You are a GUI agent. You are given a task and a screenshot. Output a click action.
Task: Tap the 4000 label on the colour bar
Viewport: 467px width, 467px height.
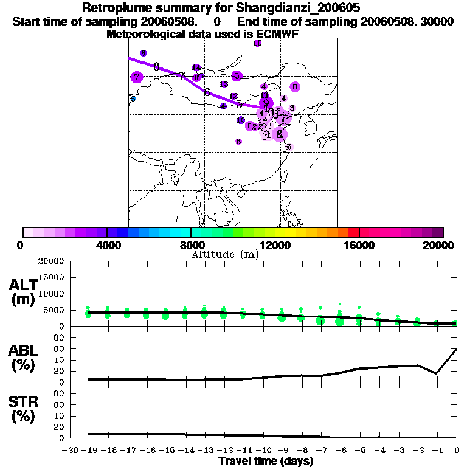(x=107, y=246)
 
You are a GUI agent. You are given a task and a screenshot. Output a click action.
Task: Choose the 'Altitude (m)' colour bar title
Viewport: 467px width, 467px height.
(x=226, y=255)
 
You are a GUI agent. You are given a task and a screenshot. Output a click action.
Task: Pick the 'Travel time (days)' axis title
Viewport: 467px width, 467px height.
(x=266, y=462)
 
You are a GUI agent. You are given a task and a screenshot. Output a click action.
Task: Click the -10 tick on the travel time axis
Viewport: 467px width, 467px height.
(x=263, y=451)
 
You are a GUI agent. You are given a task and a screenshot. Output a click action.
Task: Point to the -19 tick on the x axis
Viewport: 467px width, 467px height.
(x=89, y=451)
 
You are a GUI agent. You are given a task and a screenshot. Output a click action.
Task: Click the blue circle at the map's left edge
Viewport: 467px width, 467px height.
(x=133, y=99)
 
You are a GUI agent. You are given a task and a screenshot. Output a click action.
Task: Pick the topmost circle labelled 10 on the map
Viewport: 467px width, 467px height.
(x=257, y=43)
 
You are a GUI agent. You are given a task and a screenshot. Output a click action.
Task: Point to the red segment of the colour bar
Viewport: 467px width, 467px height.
(x=353, y=232)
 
